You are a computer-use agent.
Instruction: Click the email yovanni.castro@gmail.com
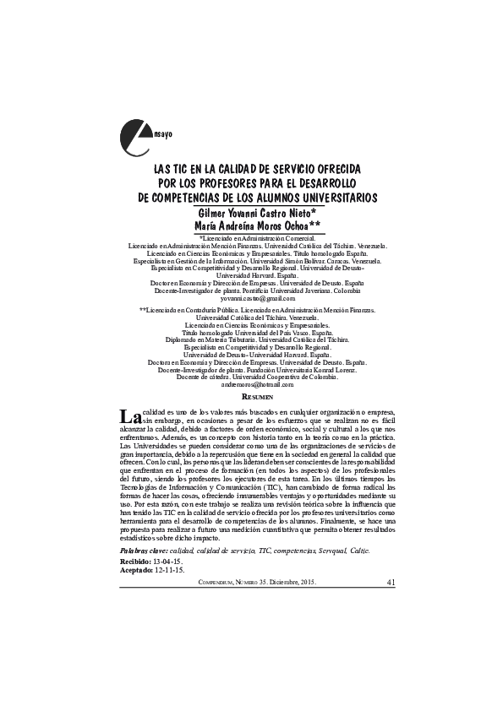[258, 299]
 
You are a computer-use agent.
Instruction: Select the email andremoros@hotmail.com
[258, 384]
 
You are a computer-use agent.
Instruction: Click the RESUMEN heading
[258, 396]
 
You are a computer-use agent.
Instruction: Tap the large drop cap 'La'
[129, 416]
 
